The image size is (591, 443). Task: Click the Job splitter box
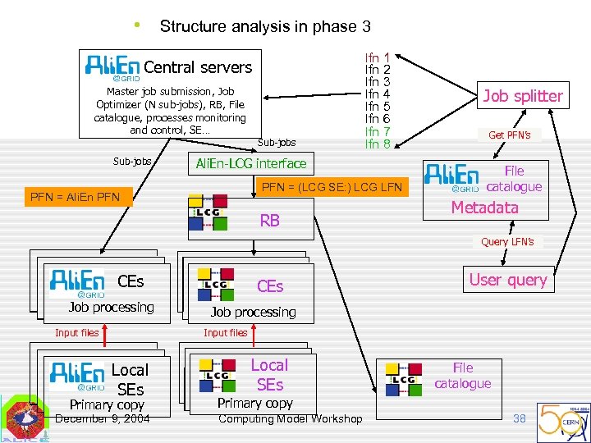point(523,96)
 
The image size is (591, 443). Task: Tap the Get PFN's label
point(510,135)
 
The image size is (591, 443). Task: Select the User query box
point(507,280)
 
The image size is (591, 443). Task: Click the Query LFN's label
point(507,241)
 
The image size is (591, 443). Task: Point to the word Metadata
point(485,208)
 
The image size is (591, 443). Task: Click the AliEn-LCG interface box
point(250,163)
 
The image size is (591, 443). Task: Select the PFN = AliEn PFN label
point(75,197)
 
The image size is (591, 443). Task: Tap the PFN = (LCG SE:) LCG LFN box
point(332,188)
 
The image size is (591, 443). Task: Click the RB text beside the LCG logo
point(270,220)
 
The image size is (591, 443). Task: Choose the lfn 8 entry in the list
point(378,144)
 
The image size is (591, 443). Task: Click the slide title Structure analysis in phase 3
point(265,26)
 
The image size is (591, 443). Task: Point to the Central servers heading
point(198,67)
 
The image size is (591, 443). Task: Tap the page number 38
point(519,418)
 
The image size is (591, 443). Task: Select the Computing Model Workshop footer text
point(290,419)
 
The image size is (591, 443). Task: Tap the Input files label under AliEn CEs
point(76,332)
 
